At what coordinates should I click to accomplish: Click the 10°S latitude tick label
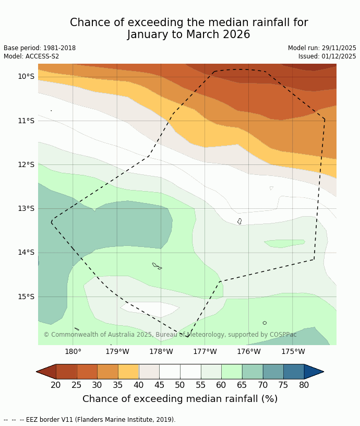(26, 77)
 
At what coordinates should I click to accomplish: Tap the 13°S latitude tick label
(26, 208)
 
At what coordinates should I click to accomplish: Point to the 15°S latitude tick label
(26, 297)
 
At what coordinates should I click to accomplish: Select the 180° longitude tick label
(73, 351)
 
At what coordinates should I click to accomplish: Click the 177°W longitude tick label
(205, 351)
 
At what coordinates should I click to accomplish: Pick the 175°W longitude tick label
(293, 351)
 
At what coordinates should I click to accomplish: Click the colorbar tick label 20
(56, 385)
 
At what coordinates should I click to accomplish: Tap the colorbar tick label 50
(180, 385)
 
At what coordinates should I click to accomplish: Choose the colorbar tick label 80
(304, 385)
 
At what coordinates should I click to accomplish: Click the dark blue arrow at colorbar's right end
(313, 372)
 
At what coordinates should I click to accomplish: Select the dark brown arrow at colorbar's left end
(46, 372)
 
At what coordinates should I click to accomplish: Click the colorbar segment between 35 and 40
(128, 372)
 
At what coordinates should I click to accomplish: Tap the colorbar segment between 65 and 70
(253, 372)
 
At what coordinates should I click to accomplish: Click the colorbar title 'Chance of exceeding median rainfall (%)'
(180, 399)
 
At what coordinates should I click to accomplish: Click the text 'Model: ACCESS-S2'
(31, 56)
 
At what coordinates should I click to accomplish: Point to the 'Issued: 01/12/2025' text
(327, 56)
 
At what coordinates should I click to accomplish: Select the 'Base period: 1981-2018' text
(40, 48)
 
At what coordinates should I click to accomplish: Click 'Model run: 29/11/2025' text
(322, 48)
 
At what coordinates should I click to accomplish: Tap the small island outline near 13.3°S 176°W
(239, 221)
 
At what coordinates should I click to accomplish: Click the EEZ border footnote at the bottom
(90, 420)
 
